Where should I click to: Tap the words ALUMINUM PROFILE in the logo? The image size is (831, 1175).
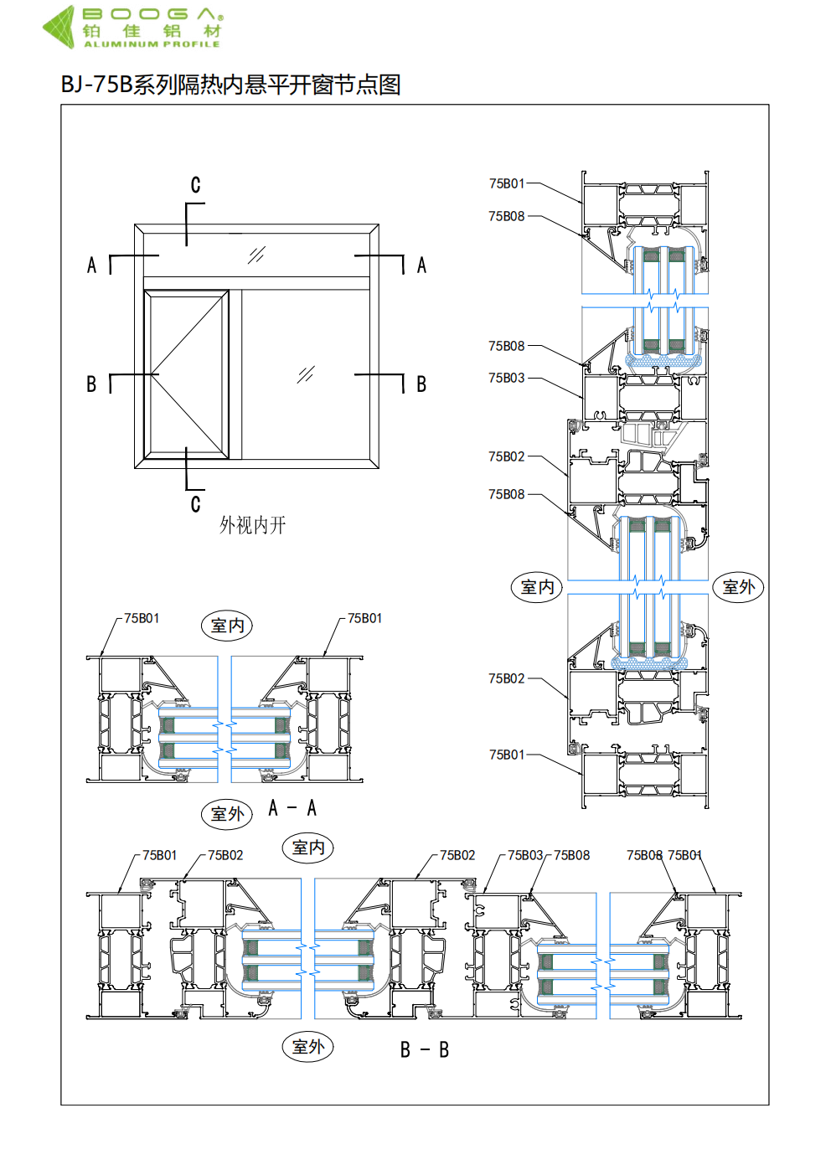pos(152,44)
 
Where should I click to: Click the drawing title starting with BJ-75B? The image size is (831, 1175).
pos(231,85)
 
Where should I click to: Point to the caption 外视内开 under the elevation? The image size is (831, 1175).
pos(252,525)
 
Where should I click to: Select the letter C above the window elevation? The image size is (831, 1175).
pos(196,184)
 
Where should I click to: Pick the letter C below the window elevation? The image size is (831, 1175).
pos(196,504)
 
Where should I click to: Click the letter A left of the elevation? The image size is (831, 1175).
pos(92,265)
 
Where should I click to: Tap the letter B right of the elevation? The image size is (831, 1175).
pos(421,384)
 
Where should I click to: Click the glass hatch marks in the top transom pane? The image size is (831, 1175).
pos(256,255)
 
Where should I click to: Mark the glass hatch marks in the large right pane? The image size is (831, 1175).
pos(306,374)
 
